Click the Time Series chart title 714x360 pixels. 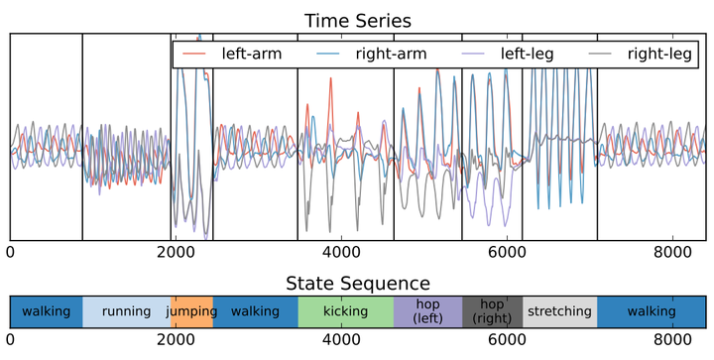coord(357,20)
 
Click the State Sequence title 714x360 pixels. coord(357,283)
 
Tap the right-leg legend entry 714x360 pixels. coord(663,54)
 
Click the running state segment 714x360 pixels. coord(127,312)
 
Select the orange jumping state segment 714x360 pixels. coord(192,312)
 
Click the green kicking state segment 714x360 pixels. coord(345,312)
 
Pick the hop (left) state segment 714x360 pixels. coord(427,312)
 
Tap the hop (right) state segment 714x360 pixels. coord(492,312)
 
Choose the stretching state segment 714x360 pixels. coord(559,312)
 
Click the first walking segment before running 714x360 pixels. coord(46,312)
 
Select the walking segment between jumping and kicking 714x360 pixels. coord(255,312)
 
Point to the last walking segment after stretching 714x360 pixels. coord(651,312)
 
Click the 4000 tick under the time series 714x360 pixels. coord(341,253)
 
